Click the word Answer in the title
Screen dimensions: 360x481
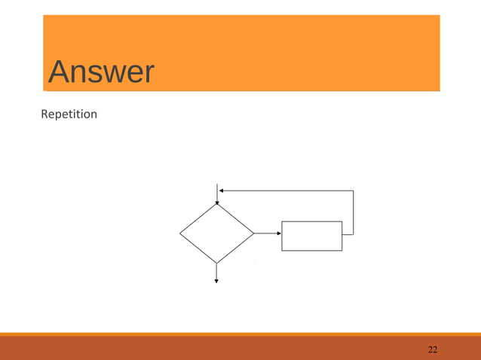coord(100,73)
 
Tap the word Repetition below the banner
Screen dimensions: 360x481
coord(69,115)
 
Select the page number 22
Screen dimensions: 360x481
coord(433,349)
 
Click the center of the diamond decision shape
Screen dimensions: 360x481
coord(216,233)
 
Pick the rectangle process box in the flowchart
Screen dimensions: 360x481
coord(311,235)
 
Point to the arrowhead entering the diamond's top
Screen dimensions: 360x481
coord(217,201)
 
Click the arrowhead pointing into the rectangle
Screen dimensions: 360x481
coord(277,233)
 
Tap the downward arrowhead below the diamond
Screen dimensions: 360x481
coord(216,280)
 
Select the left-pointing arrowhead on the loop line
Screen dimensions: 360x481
coord(222,191)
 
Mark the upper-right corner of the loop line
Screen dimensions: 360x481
coord(353,191)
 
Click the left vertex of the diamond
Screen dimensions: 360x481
coord(180,233)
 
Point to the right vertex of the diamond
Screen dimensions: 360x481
coord(253,233)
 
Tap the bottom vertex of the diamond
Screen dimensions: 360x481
coord(216,263)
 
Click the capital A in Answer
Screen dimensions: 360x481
coord(60,73)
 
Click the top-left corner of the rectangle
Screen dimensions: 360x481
coord(282,221)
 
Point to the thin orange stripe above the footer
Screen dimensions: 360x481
coord(240,334)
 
